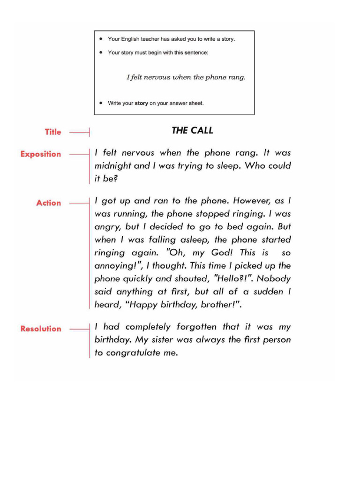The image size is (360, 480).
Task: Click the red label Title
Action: coord(53,132)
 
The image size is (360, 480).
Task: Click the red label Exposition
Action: coord(40,154)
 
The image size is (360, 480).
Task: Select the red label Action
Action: coord(49,203)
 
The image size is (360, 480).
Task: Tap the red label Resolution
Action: coord(41,329)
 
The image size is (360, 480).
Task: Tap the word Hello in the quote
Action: coord(236,278)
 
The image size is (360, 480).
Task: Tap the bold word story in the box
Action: coord(142,104)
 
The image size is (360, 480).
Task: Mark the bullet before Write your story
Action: coord(102,104)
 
